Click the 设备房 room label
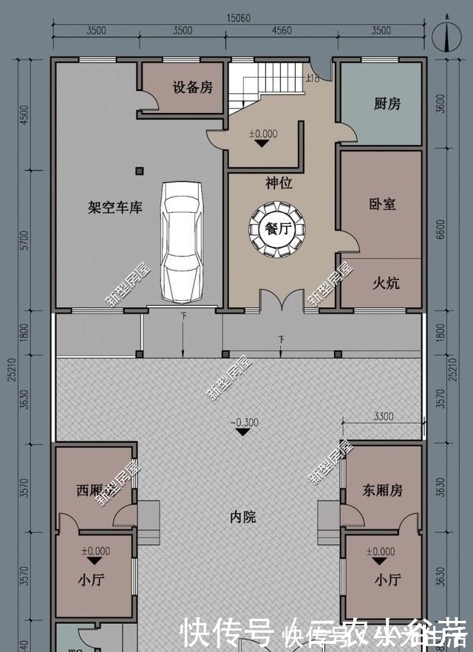(x=192, y=88)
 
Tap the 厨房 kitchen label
(x=387, y=104)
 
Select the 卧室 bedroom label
(x=381, y=203)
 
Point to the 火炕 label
(x=385, y=282)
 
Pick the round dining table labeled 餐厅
(x=279, y=228)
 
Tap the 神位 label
(x=279, y=183)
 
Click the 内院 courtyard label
(x=242, y=517)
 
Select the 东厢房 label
(x=382, y=489)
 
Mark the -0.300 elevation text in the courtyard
(x=243, y=422)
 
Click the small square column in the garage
(x=139, y=172)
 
